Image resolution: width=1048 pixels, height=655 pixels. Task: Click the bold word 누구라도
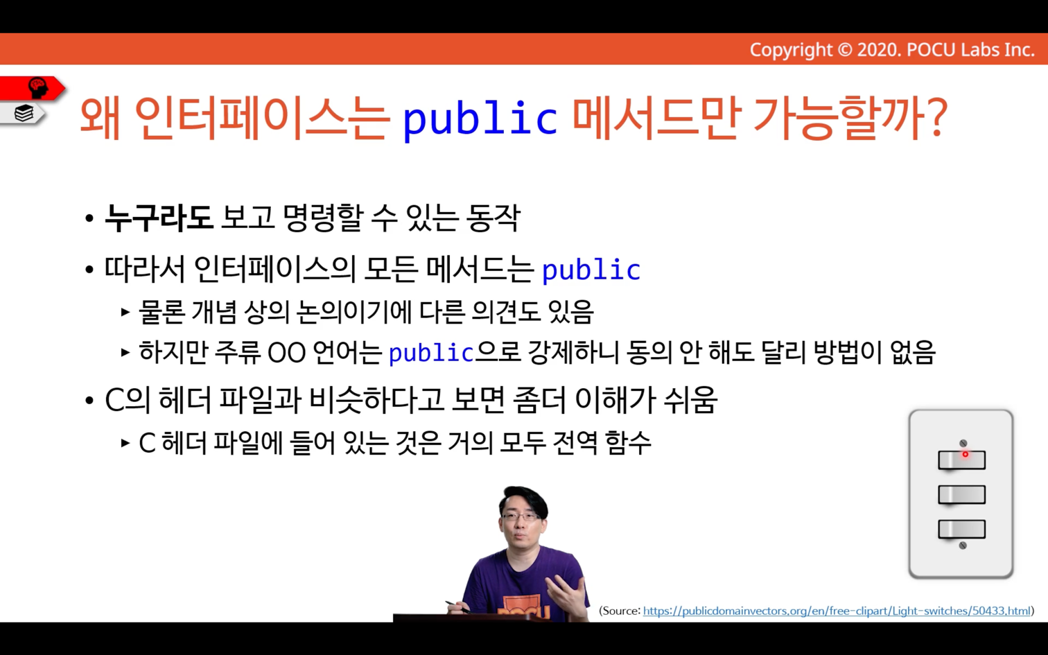[158, 218]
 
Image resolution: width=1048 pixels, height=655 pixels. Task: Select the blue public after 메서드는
[591, 270]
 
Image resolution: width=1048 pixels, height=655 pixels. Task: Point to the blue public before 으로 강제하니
[431, 353]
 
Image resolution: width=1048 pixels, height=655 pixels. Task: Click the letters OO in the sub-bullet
[286, 353]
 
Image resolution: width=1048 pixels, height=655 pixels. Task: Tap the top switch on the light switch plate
[961, 460]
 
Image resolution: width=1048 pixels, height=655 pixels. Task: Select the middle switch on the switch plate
[961, 495]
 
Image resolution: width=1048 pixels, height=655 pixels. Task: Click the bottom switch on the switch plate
[961, 529]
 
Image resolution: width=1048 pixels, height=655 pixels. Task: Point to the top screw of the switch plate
[963, 443]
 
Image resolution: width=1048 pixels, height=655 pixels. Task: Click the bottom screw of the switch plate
[963, 545]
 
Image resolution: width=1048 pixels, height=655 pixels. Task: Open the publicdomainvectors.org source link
[837, 611]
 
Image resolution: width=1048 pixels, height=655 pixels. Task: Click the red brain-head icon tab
[37, 88]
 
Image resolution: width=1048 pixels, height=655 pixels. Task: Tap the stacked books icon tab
[24, 113]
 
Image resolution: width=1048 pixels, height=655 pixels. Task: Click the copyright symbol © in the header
[844, 50]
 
